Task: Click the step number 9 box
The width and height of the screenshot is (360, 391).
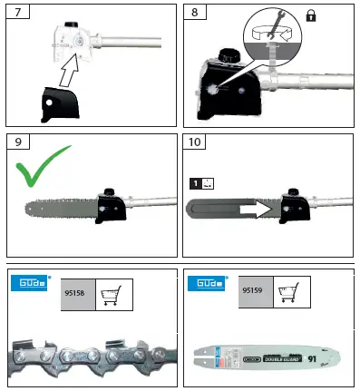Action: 16,142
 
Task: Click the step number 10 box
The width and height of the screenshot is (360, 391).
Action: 195,142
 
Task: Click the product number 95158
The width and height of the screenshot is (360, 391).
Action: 75,294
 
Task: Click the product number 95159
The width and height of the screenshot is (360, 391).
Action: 253,294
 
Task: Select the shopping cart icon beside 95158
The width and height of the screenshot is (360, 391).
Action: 113,295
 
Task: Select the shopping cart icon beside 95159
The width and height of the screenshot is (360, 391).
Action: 291,295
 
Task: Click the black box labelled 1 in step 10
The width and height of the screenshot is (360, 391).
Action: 194,183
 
